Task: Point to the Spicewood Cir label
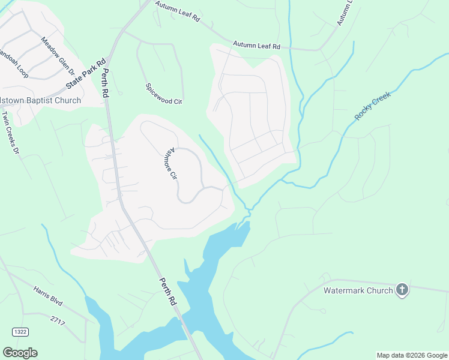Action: pos(163,93)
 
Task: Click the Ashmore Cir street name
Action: pos(173,165)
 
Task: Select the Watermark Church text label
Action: pos(358,290)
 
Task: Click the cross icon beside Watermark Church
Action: pos(402,290)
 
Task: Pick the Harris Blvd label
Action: pos(48,295)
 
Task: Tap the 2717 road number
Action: pos(58,322)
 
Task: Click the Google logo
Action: pos(20,353)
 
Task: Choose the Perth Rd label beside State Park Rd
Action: pos(106,84)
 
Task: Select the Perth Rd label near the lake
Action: pos(168,292)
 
